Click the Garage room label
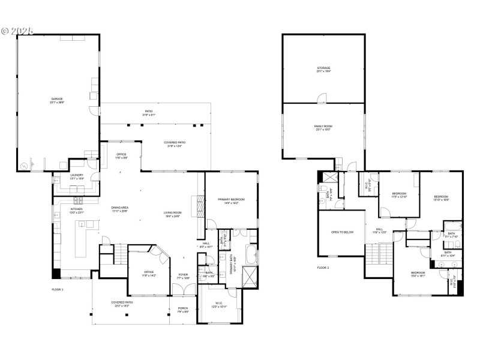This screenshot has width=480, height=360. [x=56, y=99]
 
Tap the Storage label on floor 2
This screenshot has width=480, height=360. [x=323, y=68]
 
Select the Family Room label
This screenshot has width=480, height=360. [x=323, y=126]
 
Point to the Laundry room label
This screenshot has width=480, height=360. [x=60, y=175]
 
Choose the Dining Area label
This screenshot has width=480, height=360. [x=120, y=208]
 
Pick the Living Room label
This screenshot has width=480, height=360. [x=173, y=213]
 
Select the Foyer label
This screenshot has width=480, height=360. [x=183, y=275]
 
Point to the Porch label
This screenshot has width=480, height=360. [x=182, y=308]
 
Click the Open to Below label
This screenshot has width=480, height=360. [x=343, y=232]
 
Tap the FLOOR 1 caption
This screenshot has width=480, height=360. [x=58, y=290]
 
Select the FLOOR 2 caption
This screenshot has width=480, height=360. [x=323, y=268]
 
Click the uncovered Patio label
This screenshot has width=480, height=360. [x=149, y=111]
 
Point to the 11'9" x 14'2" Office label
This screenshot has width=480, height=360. [x=149, y=273]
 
